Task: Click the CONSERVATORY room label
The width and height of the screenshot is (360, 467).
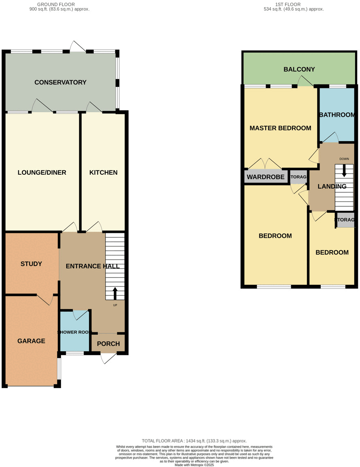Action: pos(60,82)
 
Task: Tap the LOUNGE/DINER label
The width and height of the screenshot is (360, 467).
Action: pos(42,172)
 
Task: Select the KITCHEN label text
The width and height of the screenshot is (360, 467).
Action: pos(103,172)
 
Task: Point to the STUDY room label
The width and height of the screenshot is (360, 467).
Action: pos(31,264)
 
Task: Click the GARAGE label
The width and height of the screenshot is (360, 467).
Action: pos(31,341)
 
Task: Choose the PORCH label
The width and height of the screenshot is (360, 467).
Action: pos(108,344)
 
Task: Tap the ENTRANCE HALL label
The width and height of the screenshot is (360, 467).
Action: pos(93,266)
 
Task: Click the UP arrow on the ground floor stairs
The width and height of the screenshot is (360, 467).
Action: pos(115,293)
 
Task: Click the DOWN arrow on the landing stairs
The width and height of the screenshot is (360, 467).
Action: pos(344,170)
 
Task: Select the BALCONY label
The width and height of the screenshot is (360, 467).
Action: pos(299,69)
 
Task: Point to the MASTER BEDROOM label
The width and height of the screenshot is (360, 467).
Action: pos(280,128)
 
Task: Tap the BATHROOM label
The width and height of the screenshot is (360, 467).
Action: pos(337,115)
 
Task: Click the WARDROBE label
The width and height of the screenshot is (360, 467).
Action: pos(265,177)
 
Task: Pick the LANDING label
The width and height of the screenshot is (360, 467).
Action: pos(332,186)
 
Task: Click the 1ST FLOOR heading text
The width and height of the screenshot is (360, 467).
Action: pos(288,4)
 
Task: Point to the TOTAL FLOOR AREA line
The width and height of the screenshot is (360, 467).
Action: pos(194,441)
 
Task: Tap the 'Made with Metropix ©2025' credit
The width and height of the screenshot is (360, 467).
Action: pos(194,465)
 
